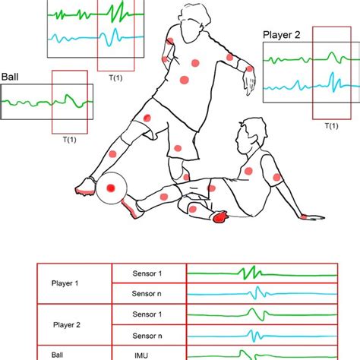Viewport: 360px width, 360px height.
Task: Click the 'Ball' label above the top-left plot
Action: click(x=11, y=76)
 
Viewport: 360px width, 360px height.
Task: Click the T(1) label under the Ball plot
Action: click(x=65, y=138)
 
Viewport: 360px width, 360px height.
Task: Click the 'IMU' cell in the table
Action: click(x=148, y=353)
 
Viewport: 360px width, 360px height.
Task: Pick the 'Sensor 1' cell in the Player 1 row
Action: click(x=148, y=272)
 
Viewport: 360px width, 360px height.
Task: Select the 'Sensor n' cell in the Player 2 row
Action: click(x=148, y=334)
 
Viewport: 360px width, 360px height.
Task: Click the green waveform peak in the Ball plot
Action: click(x=68, y=97)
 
